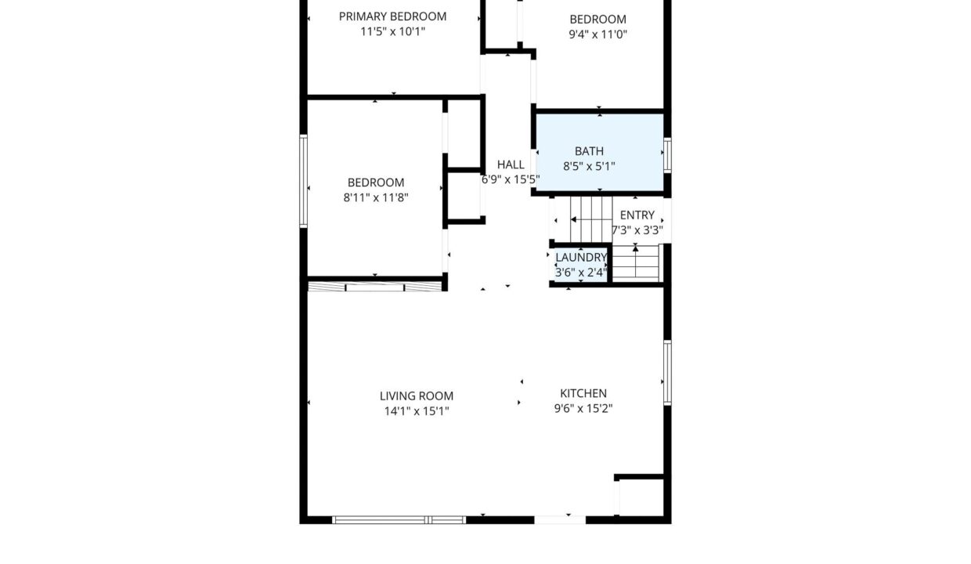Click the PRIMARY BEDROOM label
pyautogui.click(x=392, y=16)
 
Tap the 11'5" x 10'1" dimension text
pyautogui.click(x=393, y=31)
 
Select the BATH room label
pyautogui.click(x=589, y=151)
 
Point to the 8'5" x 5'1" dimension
pyautogui.click(x=589, y=166)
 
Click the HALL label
pyautogui.click(x=511, y=164)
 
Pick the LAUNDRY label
pyautogui.click(x=581, y=258)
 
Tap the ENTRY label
pyautogui.click(x=637, y=215)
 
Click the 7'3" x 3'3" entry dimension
pyautogui.click(x=637, y=230)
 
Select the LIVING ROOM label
pyautogui.click(x=417, y=396)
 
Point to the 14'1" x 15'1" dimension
pyautogui.click(x=417, y=411)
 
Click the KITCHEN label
pyautogui.click(x=583, y=394)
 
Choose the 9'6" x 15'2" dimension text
pyautogui.click(x=583, y=408)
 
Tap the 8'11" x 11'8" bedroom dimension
pyautogui.click(x=376, y=197)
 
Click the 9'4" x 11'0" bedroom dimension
pyautogui.click(x=598, y=34)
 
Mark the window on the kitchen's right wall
pyautogui.click(x=667, y=373)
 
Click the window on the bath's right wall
pyautogui.click(x=667, y=155)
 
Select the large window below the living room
pyautogui.click(x=399, y=520)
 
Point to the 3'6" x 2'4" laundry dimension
pyautogui.click(x=581, y=273)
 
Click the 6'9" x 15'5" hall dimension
pyautogui.click(x=511, y=179)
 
